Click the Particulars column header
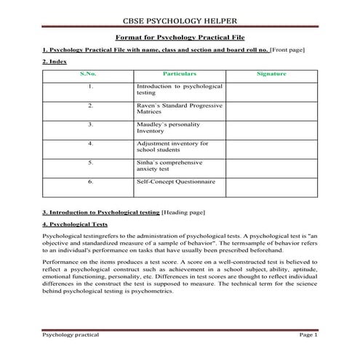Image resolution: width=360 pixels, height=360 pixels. coord(180,73)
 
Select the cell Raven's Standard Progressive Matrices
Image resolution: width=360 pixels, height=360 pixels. coord(180,109)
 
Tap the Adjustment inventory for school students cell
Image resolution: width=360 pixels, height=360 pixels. coord(172,147)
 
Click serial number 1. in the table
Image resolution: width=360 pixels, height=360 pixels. coord(89,87)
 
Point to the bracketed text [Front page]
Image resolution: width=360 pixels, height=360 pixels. coord(287,49)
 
